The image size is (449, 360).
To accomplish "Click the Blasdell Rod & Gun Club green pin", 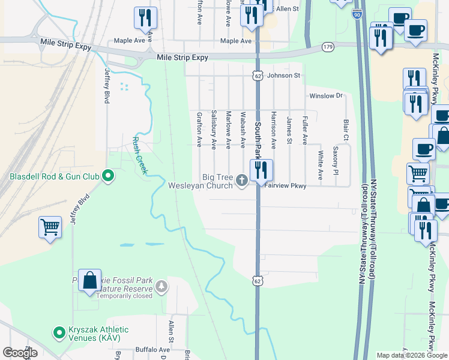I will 108,176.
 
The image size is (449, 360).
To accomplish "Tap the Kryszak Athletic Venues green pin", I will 59,332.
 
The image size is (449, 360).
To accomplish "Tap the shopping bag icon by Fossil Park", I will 89,280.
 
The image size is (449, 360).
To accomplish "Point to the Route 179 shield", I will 328,46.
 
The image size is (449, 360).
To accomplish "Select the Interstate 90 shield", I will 357,13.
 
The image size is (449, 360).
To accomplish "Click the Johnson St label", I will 283,76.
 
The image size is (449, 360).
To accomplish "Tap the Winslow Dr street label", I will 325,95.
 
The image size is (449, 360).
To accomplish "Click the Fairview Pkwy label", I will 286,186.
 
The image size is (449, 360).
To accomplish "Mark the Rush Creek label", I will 139,154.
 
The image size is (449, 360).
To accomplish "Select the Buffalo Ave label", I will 153,349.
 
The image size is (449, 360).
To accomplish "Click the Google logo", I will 20,353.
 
